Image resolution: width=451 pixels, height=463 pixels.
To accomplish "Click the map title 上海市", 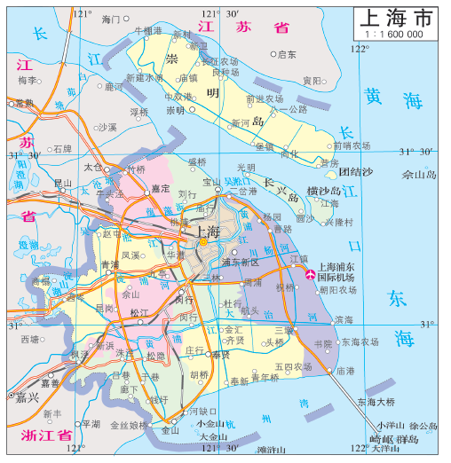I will pos(398,19).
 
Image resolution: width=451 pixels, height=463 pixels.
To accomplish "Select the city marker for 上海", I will pos(203,241).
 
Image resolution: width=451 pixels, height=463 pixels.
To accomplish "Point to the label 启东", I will pos(286,54).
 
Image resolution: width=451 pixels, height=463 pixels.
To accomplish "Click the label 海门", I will pos(110,19).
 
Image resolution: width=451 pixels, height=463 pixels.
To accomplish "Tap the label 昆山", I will pos(63,183).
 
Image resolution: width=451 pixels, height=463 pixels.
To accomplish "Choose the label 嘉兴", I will pos(28,397).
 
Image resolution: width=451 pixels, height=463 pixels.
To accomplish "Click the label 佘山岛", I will pos(420,175).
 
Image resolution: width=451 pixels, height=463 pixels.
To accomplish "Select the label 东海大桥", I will pos(376,402).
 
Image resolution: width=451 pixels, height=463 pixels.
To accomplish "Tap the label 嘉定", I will pos(160,188).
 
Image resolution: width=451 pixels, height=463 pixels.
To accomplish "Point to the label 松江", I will pos(139,313).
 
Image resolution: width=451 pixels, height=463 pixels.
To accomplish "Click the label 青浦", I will pos(108,265).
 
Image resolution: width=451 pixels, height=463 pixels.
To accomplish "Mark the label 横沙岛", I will pos(323,191).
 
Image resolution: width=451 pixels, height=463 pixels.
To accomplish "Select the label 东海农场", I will pos(360,341).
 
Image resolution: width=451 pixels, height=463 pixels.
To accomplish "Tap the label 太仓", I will pos(92,166).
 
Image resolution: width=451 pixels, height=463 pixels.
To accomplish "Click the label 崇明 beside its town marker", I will pos(177,111).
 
